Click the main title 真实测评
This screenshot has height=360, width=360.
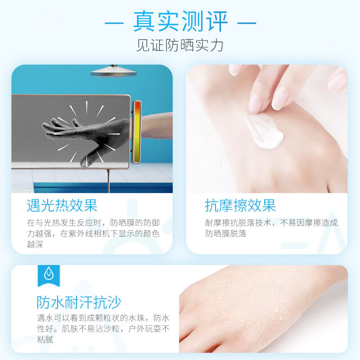(x=180, y=22)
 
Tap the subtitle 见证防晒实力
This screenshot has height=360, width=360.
(x=180, y=45)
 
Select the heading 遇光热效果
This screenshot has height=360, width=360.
(x=62, y=206)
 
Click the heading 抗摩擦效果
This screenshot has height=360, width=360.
(x=240, y=206)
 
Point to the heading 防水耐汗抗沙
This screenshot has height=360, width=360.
(x=79, y=302)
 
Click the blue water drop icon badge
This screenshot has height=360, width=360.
(x=49, y=273)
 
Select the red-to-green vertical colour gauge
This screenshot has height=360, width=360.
(x=137, y=132)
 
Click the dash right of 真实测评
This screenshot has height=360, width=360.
(x=247, y=22)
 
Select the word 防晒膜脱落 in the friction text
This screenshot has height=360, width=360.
(x=226, y=234)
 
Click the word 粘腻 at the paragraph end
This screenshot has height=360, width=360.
(x=45, y=339)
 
